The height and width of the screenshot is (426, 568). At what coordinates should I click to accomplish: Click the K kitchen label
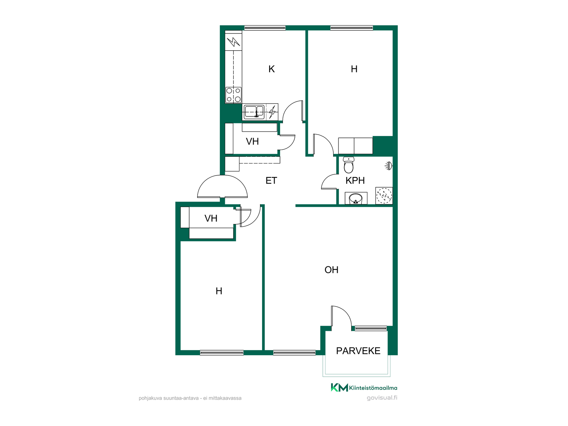point(272,69)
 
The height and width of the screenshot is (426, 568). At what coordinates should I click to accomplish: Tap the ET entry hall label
point(271,180)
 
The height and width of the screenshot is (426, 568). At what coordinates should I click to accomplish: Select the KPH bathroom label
point(355,180)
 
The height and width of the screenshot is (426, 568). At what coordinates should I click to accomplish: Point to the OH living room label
point(331,270)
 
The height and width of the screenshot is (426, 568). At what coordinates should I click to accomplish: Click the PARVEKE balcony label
point(358,351)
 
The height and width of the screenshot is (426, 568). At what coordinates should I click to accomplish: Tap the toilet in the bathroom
point(349,165)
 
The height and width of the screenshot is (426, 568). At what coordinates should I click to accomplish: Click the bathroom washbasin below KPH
point(356,198)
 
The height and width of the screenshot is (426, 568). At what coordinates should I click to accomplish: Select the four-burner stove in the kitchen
point(233,95)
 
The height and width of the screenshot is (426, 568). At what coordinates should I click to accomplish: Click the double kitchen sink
point(254,112)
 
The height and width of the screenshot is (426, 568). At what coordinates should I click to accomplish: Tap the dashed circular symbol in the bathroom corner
point(384,196)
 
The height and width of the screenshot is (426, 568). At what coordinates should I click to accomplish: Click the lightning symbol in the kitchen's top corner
point(233,42)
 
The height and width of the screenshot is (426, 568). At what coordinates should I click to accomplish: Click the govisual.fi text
point(382,398)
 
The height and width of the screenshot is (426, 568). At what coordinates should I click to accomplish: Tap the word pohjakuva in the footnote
point(150,398)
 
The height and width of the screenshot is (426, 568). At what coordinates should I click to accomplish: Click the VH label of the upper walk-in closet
point(252,141)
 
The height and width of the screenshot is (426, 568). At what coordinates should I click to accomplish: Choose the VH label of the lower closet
point(211,218)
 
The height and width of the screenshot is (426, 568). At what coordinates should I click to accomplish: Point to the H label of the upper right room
point(354,69)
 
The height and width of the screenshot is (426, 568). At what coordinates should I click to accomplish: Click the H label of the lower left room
point(219,291)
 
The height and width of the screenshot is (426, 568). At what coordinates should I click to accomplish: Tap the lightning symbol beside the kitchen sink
point(272,112)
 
